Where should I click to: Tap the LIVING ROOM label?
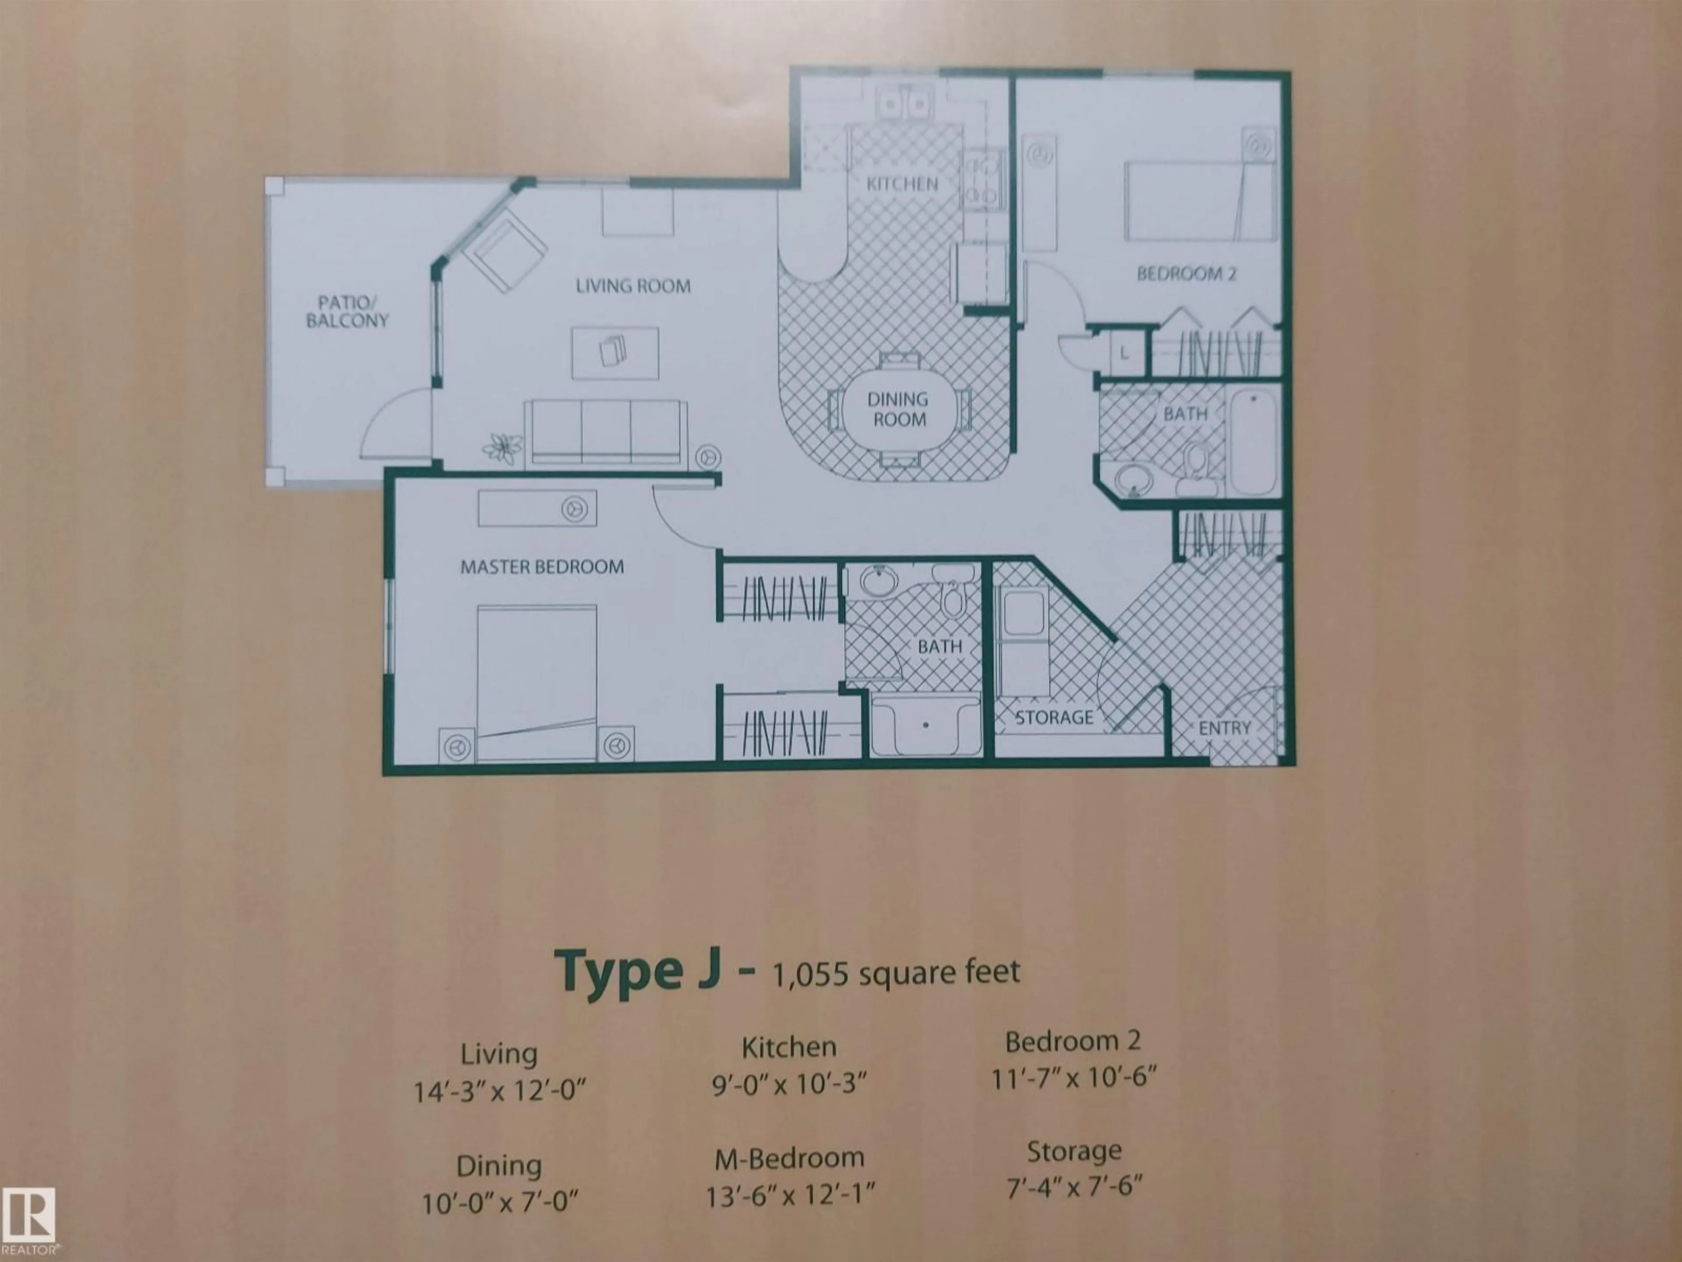pos(633,287)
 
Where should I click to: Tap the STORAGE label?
pos(1054,717)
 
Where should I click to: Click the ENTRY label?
pos(1224,728)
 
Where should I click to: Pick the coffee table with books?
pos(615,352)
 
